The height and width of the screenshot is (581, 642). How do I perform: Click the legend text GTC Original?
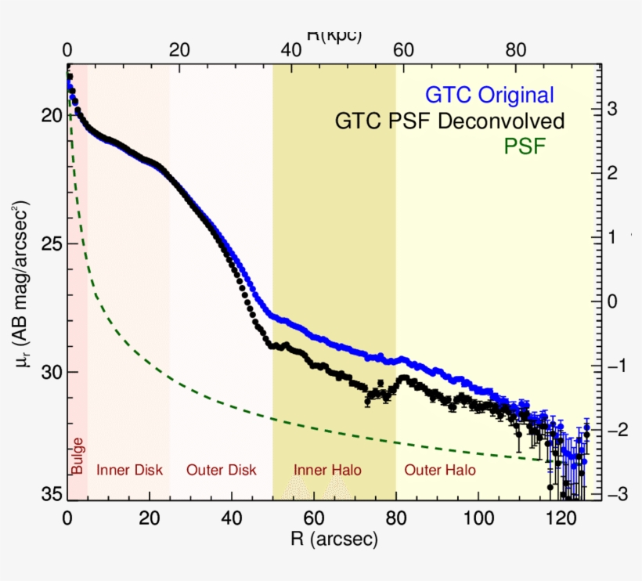(489, 96)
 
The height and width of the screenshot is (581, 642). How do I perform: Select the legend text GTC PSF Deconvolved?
(449, 121)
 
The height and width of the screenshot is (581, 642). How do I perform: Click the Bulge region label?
(78, 455)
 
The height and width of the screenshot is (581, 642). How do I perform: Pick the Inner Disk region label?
(129, 470)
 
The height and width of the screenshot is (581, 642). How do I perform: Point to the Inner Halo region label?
(327, 470)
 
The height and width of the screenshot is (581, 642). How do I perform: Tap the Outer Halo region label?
(439, 470)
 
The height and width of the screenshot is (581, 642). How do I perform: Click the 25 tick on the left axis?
(46, 244)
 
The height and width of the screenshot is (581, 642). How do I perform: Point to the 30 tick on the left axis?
(46, 371)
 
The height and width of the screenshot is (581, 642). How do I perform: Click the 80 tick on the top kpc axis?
(514, 49)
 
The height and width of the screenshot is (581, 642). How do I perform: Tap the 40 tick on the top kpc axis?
(290, 49)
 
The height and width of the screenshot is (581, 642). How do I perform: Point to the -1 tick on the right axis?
(618, 366)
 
